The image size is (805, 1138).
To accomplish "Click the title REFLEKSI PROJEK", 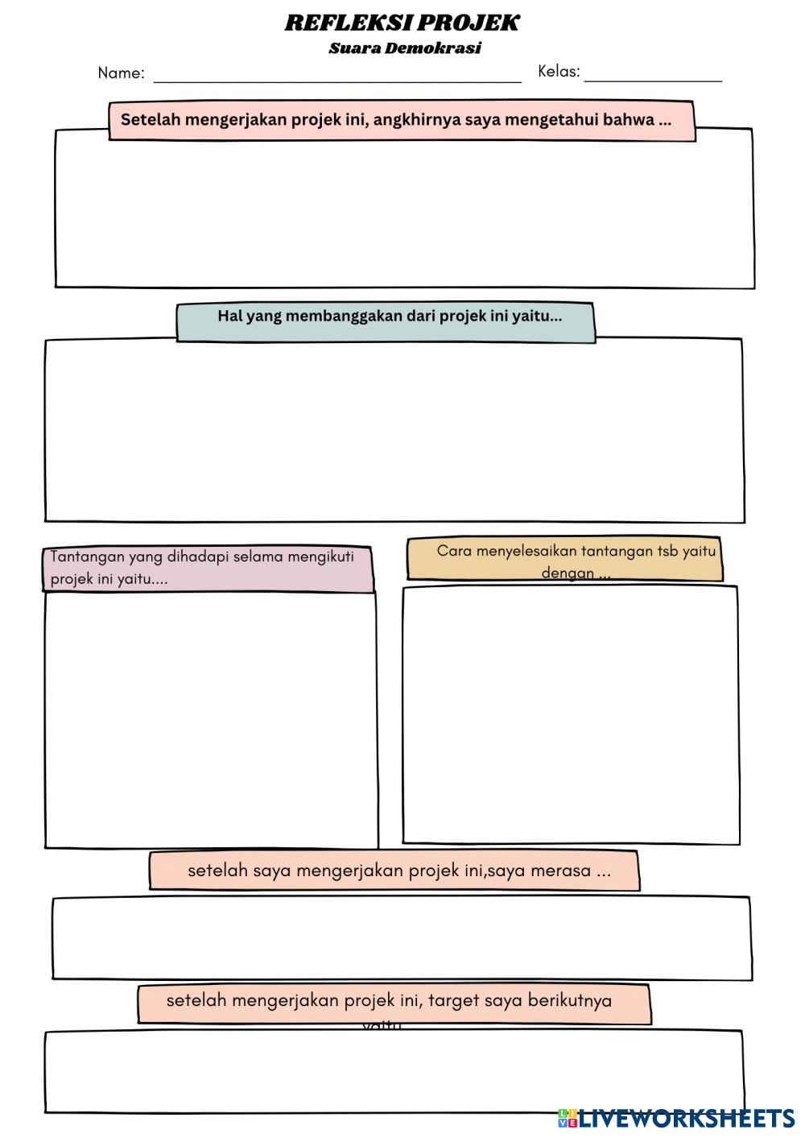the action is pos(402,23).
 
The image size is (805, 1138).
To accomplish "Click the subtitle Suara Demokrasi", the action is pos(404,48).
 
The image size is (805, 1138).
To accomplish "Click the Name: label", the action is pos(121,73).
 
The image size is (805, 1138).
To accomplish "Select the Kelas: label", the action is pos(559,72).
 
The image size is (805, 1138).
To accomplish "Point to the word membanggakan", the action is pos(344,316).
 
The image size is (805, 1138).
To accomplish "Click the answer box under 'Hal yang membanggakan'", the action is pos(394,431).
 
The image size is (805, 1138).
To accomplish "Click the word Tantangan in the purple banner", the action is pos(87,557).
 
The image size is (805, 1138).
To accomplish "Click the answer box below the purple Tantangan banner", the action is pos(211,719).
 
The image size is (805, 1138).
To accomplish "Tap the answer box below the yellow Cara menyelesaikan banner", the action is pos(571,714).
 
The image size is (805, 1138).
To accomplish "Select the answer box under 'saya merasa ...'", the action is pos(402,938).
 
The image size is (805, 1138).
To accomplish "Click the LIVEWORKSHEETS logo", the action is pos(676,1118).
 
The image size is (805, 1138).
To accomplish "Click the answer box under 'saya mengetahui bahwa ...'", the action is pos(404,213).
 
